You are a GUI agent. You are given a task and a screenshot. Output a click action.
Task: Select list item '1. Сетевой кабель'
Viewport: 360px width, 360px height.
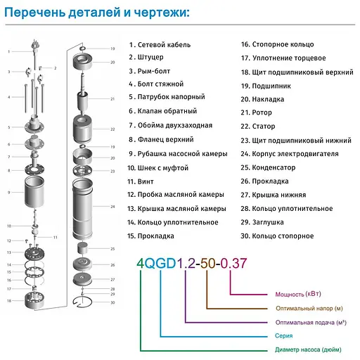point(161,44)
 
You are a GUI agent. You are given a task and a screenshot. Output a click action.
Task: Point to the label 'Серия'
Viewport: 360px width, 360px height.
point(283,335)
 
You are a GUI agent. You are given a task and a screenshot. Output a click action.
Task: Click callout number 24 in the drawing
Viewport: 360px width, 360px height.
point(112,206)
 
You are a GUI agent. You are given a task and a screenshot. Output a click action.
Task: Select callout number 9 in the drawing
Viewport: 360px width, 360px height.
point(8,191)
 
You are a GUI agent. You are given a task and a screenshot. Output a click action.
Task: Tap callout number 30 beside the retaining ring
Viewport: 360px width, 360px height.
point(112,302)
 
